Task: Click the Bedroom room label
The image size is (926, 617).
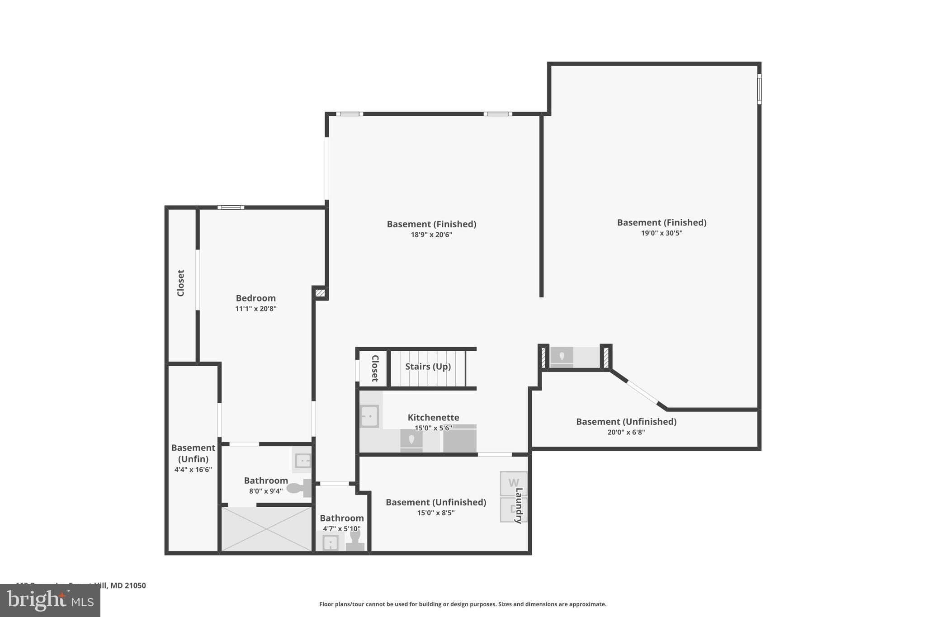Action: coord(255,298)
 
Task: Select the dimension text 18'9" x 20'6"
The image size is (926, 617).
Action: coord(431,235)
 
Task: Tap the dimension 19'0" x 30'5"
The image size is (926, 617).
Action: coord(661,233)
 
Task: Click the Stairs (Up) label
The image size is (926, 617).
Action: coord(428,367)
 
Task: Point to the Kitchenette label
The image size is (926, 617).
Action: coord(433,418)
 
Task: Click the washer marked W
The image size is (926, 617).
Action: coord(513,483)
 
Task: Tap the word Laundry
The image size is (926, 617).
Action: coord(519,505)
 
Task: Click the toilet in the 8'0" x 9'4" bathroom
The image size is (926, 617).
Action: coord(298,488)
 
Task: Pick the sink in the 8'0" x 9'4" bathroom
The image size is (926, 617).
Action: coord(302,461)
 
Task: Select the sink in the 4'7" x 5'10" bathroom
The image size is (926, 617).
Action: coord(331,542)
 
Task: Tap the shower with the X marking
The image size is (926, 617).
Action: coord(266,528)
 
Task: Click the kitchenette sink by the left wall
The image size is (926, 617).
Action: coord(369,416)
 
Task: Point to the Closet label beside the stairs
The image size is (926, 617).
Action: coord(375,368)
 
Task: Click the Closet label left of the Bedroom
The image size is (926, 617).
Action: coord(181,283)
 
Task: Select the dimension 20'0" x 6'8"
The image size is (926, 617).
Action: coord(626,432)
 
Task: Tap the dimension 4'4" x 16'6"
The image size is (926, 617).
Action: coord(193,470)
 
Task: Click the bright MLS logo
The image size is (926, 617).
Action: coord(50,600)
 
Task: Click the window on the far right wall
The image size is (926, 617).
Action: coord(759,89)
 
